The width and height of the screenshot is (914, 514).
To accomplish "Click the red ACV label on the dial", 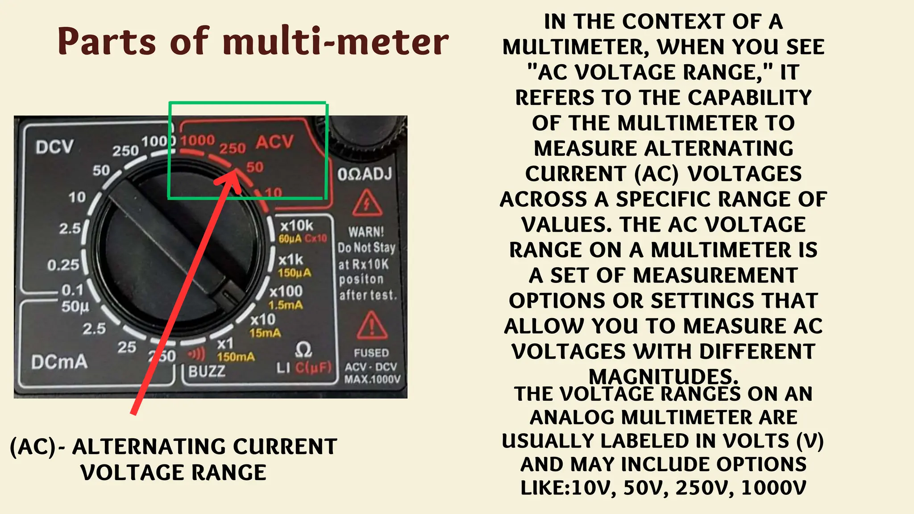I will click(x=274, y=142).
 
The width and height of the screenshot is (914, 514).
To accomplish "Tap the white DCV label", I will click(x=54, y=147).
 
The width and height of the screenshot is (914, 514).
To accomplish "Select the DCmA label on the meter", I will click(x=59, y=362).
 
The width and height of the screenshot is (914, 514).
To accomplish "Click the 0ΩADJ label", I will click(x=365, y=174).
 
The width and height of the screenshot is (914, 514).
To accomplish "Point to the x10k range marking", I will click(x=297, y=225).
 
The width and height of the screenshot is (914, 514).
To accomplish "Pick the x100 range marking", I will click(x=286, y=291).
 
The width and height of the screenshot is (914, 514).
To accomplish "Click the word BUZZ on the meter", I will click(x=207, y=371).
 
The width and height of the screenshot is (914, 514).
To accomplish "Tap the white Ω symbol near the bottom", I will click(x=303, y=350).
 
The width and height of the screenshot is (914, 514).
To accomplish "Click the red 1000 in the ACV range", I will click(x=198, y=141).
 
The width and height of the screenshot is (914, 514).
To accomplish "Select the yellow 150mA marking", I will click(x=236, y=357).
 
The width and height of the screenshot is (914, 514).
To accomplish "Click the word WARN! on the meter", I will click(x=366, y=232).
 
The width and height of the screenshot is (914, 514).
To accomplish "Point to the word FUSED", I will click(x=371, y=353).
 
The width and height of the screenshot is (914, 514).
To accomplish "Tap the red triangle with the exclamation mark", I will click(x=372, y=326).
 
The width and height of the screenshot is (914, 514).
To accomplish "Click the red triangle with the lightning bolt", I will click(x=367, y=203).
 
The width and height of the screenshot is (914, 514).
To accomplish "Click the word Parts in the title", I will click(x=107, y=41).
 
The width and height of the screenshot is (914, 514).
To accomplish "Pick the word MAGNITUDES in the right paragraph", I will click(x=663, y=377).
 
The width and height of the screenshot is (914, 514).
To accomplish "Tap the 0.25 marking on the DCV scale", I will click(x=63, y=265).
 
